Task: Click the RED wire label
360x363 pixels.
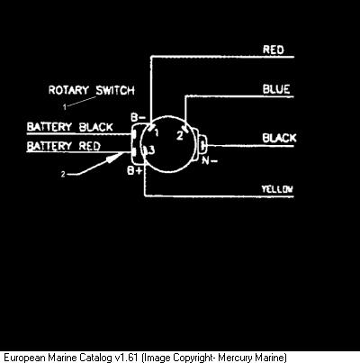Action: (x=273, y=50)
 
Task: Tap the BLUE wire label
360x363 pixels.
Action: (x=276, y=89)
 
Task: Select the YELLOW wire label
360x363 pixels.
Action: (x=277, y=189)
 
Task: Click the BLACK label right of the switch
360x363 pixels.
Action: (x=279, y=138)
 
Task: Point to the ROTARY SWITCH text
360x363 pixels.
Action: (x=92, y=90)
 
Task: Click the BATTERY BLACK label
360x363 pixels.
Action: (x=70, y=127)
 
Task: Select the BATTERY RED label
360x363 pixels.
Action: (x=64, y=146)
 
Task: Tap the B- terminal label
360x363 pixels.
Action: (x=138, y=117)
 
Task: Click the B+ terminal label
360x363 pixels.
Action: (x=135, y=171)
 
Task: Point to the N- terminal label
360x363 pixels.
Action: (x=210, y=160)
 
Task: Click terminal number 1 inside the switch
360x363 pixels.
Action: (x=157, y=132)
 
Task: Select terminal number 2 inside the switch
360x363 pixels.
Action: (x=180, y=136)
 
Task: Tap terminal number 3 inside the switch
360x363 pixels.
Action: (x=152, y=150)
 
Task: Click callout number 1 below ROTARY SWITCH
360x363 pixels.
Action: (x=65, y=106)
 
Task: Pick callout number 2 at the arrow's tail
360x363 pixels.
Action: (x=63, y=174)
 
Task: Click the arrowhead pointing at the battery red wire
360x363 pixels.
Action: (x=116, y=157)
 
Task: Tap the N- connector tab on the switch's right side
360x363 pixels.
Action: (x=203, y=146)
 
